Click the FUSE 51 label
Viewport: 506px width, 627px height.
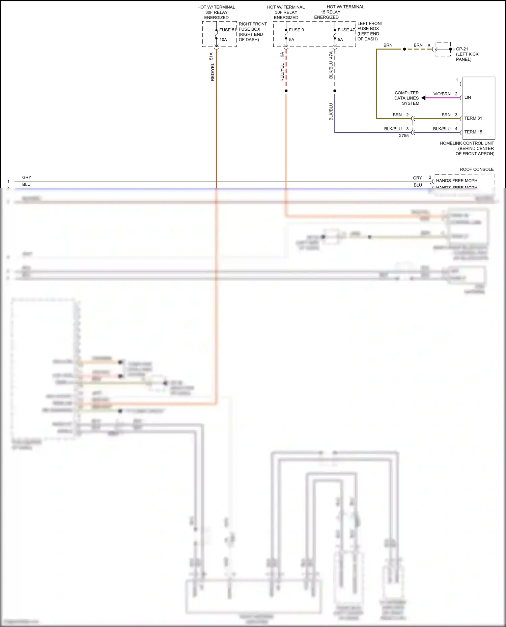point(228,30)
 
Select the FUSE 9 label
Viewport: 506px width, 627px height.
point(296,30)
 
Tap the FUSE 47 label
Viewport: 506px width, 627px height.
point(346,30)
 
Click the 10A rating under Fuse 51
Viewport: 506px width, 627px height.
point(223,40)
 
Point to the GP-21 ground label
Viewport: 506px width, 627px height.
point(462,49)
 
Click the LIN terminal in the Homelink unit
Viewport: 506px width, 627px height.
point(468,97)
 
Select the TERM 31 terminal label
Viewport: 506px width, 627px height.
point(473,118)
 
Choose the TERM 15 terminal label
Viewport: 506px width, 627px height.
point(473,132)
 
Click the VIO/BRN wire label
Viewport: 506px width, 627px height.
point(442,94)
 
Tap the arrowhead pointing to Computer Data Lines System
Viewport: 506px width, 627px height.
point(423,98)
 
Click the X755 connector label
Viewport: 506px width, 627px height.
point(403,136)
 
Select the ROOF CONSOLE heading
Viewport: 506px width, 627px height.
point(476,169)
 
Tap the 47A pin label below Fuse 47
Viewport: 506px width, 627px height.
point(331,55)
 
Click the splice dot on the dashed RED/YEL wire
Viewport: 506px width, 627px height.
point(286,91)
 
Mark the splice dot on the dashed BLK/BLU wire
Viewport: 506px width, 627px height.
point(335,91)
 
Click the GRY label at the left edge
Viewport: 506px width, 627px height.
point(27,178)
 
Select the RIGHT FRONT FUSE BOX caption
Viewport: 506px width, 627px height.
point(252,32)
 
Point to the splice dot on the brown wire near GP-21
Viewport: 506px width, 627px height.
point(404,49)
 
